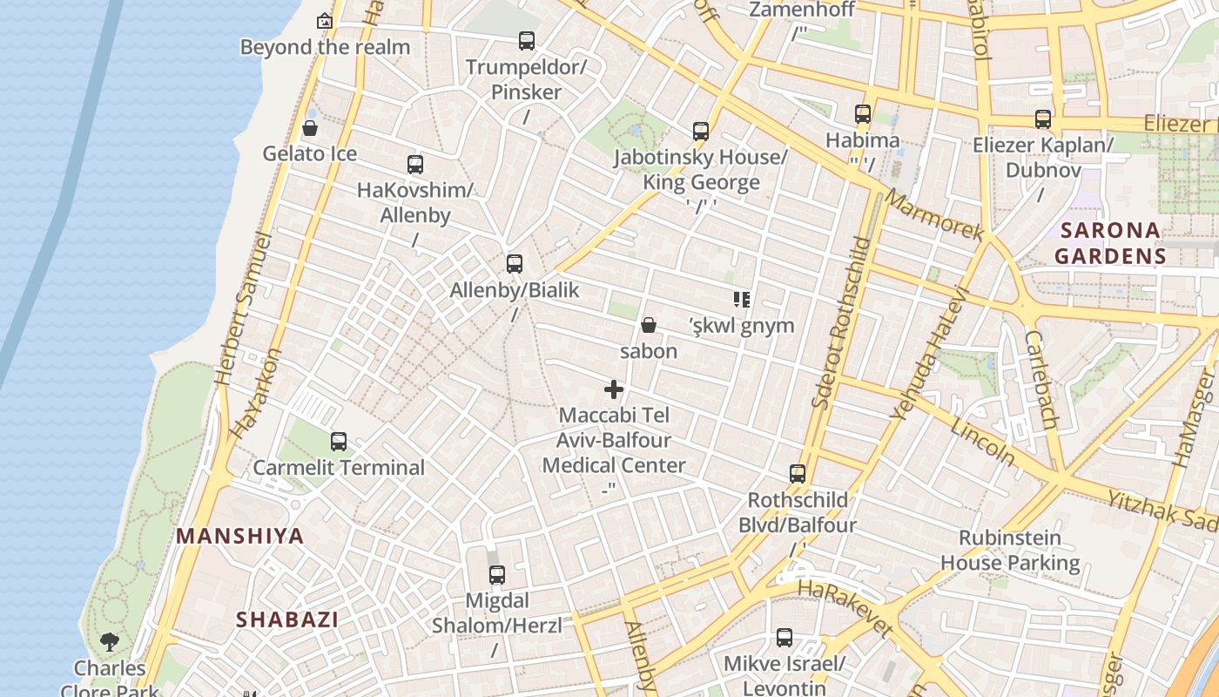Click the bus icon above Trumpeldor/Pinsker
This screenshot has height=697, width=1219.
click(527, 40)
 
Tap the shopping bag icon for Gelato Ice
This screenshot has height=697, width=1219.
click(309, 129)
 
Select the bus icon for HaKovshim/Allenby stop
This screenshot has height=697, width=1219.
click(415, 164)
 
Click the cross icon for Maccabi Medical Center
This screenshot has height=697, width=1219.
click(614, 389)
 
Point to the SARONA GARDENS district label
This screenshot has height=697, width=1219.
click(1109, 243)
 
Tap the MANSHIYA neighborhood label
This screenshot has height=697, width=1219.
click(240, 536)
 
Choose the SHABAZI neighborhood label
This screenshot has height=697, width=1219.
click(287, 619)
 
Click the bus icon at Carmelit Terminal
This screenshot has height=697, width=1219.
click(339, 442)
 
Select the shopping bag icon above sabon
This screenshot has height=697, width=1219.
click(649, 326)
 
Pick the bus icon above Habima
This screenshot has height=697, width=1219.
click(863, 114)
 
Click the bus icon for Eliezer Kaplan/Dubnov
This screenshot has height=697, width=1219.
click(1043, 119)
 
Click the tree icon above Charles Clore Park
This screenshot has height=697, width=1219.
click(110, 642)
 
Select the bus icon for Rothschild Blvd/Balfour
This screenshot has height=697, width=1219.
click(798, 474)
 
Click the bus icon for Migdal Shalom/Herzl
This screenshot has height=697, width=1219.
click(497, 575)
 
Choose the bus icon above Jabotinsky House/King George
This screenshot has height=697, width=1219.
click(701, 132)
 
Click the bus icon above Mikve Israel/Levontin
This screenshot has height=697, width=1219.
click(785, 638)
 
